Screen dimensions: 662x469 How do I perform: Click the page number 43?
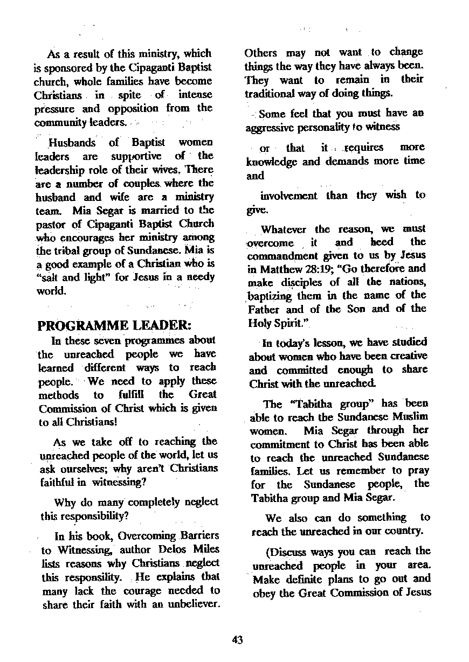pos(237,640)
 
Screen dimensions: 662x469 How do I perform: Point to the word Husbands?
pos(72,143)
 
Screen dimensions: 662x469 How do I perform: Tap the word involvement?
pos(289,196)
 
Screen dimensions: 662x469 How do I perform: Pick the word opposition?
pos(127,108)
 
